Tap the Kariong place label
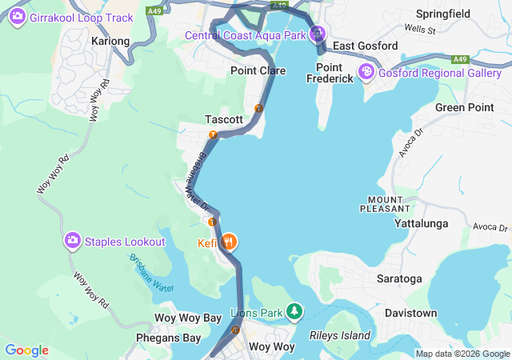(x=110, y=41)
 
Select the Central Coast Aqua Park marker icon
(x=318, y=34)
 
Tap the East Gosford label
(x=365, y=46)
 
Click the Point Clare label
(x=258, y=71)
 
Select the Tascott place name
(x=223, y=119)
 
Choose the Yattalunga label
(x=422, y=224)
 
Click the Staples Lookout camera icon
(x=73, y=241)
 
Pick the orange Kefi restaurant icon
(x=229, y=241)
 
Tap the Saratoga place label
(x=399, y=279)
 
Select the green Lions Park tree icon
(x=295, y=310)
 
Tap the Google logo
(x=26, y=350)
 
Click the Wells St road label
(x=419, y=30)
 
